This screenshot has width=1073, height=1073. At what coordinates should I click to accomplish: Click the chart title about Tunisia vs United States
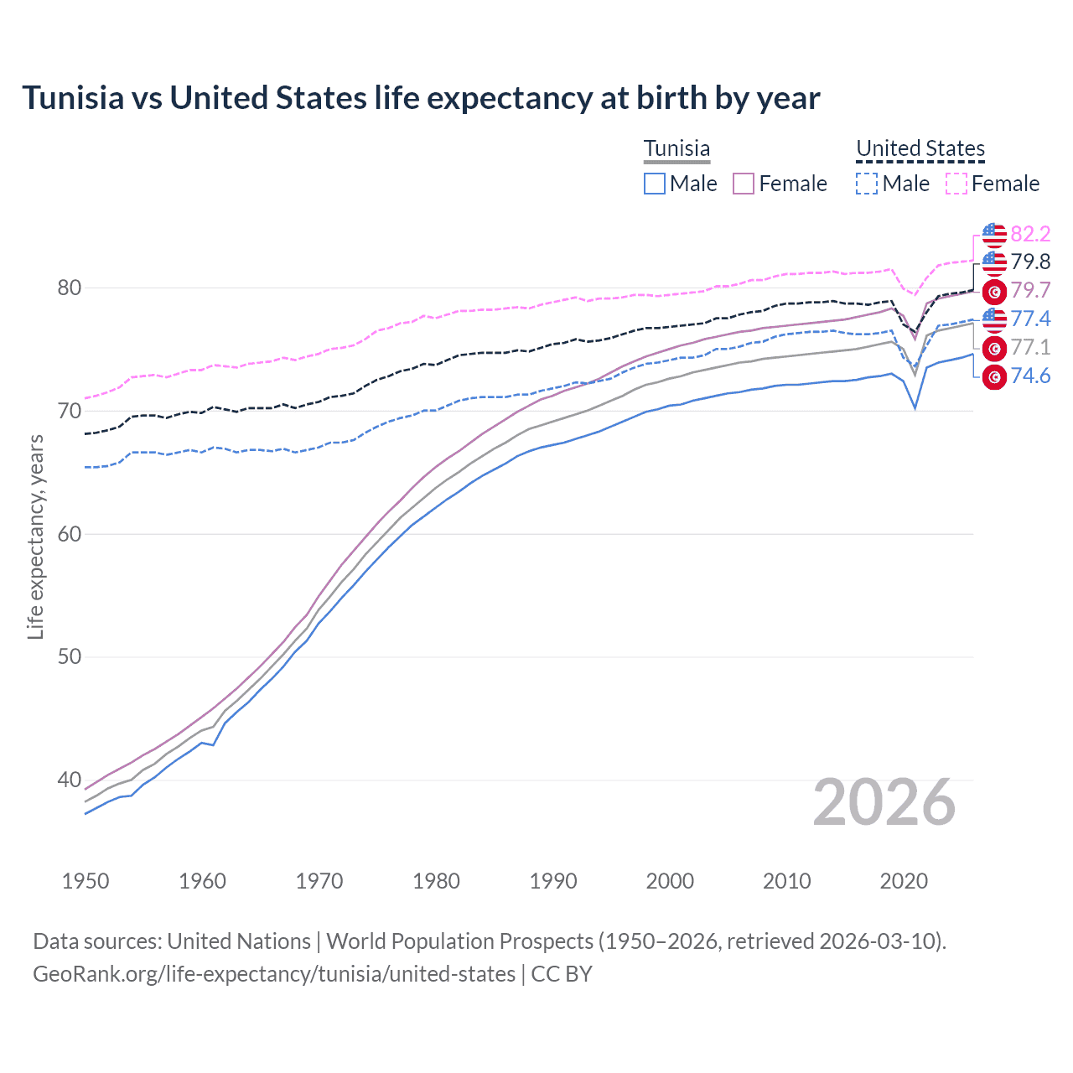(x=421, y=98)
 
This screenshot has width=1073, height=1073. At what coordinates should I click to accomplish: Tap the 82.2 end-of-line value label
(x=1030, y=234)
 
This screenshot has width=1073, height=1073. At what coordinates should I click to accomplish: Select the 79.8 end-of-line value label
(x=1030, y=262)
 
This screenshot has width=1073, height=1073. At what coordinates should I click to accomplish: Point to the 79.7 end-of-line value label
(x=1030, y=291)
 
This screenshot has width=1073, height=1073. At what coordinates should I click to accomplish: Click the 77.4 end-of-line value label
(x=1030, y=319)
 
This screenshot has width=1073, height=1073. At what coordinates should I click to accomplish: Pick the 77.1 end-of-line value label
(x=1030, y=348)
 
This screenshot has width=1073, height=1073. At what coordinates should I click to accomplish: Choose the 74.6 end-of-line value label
(x=1030, y=376)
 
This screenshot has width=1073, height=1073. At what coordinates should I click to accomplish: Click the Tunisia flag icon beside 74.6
(x=994, y=377)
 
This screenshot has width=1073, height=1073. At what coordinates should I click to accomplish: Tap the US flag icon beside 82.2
(x=994, y=235)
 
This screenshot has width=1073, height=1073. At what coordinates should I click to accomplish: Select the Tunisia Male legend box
(x=655, y=184)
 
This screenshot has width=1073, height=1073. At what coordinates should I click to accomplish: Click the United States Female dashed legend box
(x=956, y=184)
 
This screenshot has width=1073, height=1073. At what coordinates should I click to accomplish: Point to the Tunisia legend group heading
(x=676, y=149)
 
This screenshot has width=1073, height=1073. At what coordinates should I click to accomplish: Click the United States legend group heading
(x=920, y=149)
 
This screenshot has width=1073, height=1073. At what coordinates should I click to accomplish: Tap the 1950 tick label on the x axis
(x=86, y=881)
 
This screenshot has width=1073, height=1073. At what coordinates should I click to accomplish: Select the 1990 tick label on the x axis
(x=553, y=881)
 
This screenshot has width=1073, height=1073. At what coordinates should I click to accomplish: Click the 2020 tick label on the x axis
(x=904, y=881)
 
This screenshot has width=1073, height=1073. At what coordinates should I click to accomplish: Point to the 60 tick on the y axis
(x=69, y=534)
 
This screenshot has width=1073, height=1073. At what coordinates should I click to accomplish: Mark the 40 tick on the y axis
(x=69, y=780)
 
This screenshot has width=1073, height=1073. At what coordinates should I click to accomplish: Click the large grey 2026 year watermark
(x=884, y=803)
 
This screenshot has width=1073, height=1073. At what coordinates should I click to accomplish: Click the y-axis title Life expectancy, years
(x=35, y=536)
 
